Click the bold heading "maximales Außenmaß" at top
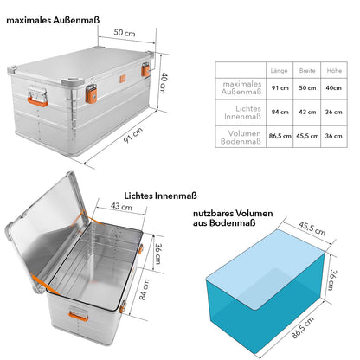click(53, 20)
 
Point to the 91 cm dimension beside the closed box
click(133, 135)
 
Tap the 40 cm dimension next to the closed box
click(164, 82)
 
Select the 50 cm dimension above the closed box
click(125, 33)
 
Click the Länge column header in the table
click(279, 71)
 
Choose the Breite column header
click(307, 71)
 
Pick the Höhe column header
click(334, 70)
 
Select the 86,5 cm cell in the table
click(280, 136)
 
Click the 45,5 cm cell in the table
click(307, 136)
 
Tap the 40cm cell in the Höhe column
click(334, 87)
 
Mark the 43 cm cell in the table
click(307, 112)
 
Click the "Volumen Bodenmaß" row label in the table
click(241, 138)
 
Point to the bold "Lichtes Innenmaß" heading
click(160, 196)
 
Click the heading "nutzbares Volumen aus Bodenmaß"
click(233, 218)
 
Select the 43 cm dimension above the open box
click(121, 206)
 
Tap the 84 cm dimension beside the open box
click(145, 289)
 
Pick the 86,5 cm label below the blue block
click(302, 327)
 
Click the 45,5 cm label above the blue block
click(312, 228)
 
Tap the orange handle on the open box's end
click(79, 316)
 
